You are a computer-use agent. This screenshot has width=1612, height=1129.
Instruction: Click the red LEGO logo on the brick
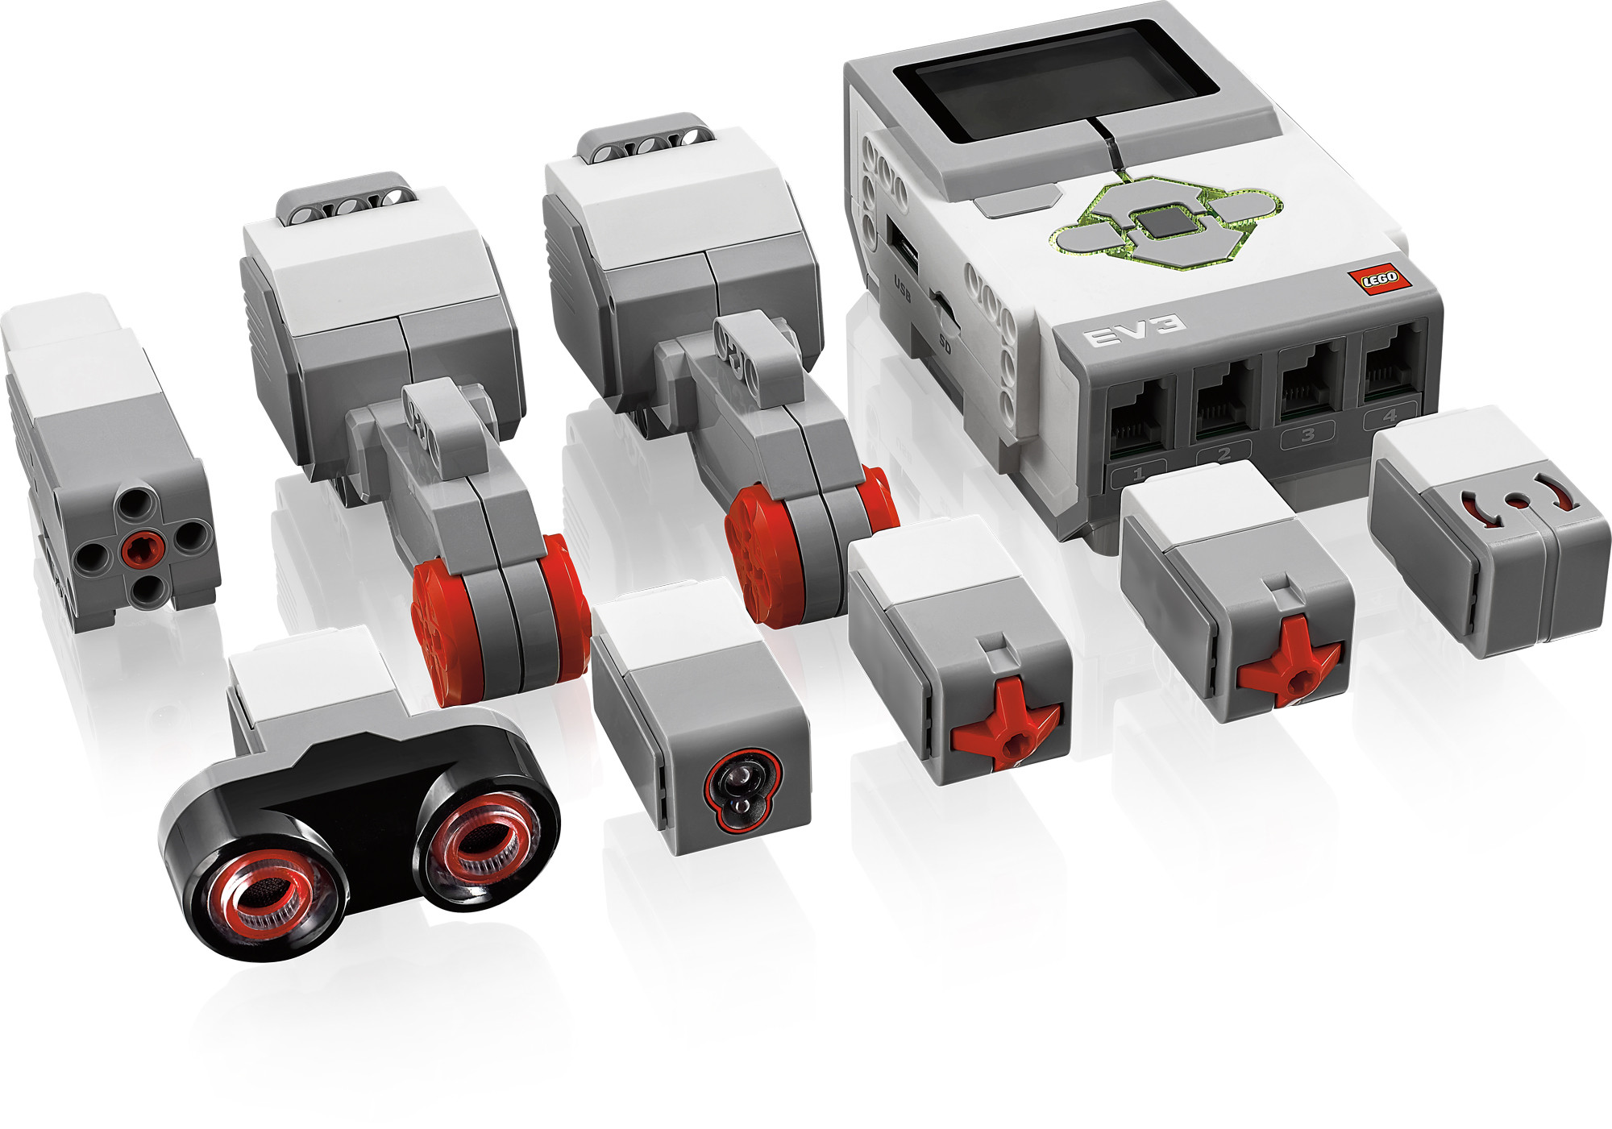(x=1379, y=279)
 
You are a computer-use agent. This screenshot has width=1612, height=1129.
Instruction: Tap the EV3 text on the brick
(x=1136, y=329)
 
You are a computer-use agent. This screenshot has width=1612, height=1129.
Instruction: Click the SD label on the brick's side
(x=945, y=344)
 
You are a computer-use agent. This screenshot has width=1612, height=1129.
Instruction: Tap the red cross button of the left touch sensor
(x=1005, y=724)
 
